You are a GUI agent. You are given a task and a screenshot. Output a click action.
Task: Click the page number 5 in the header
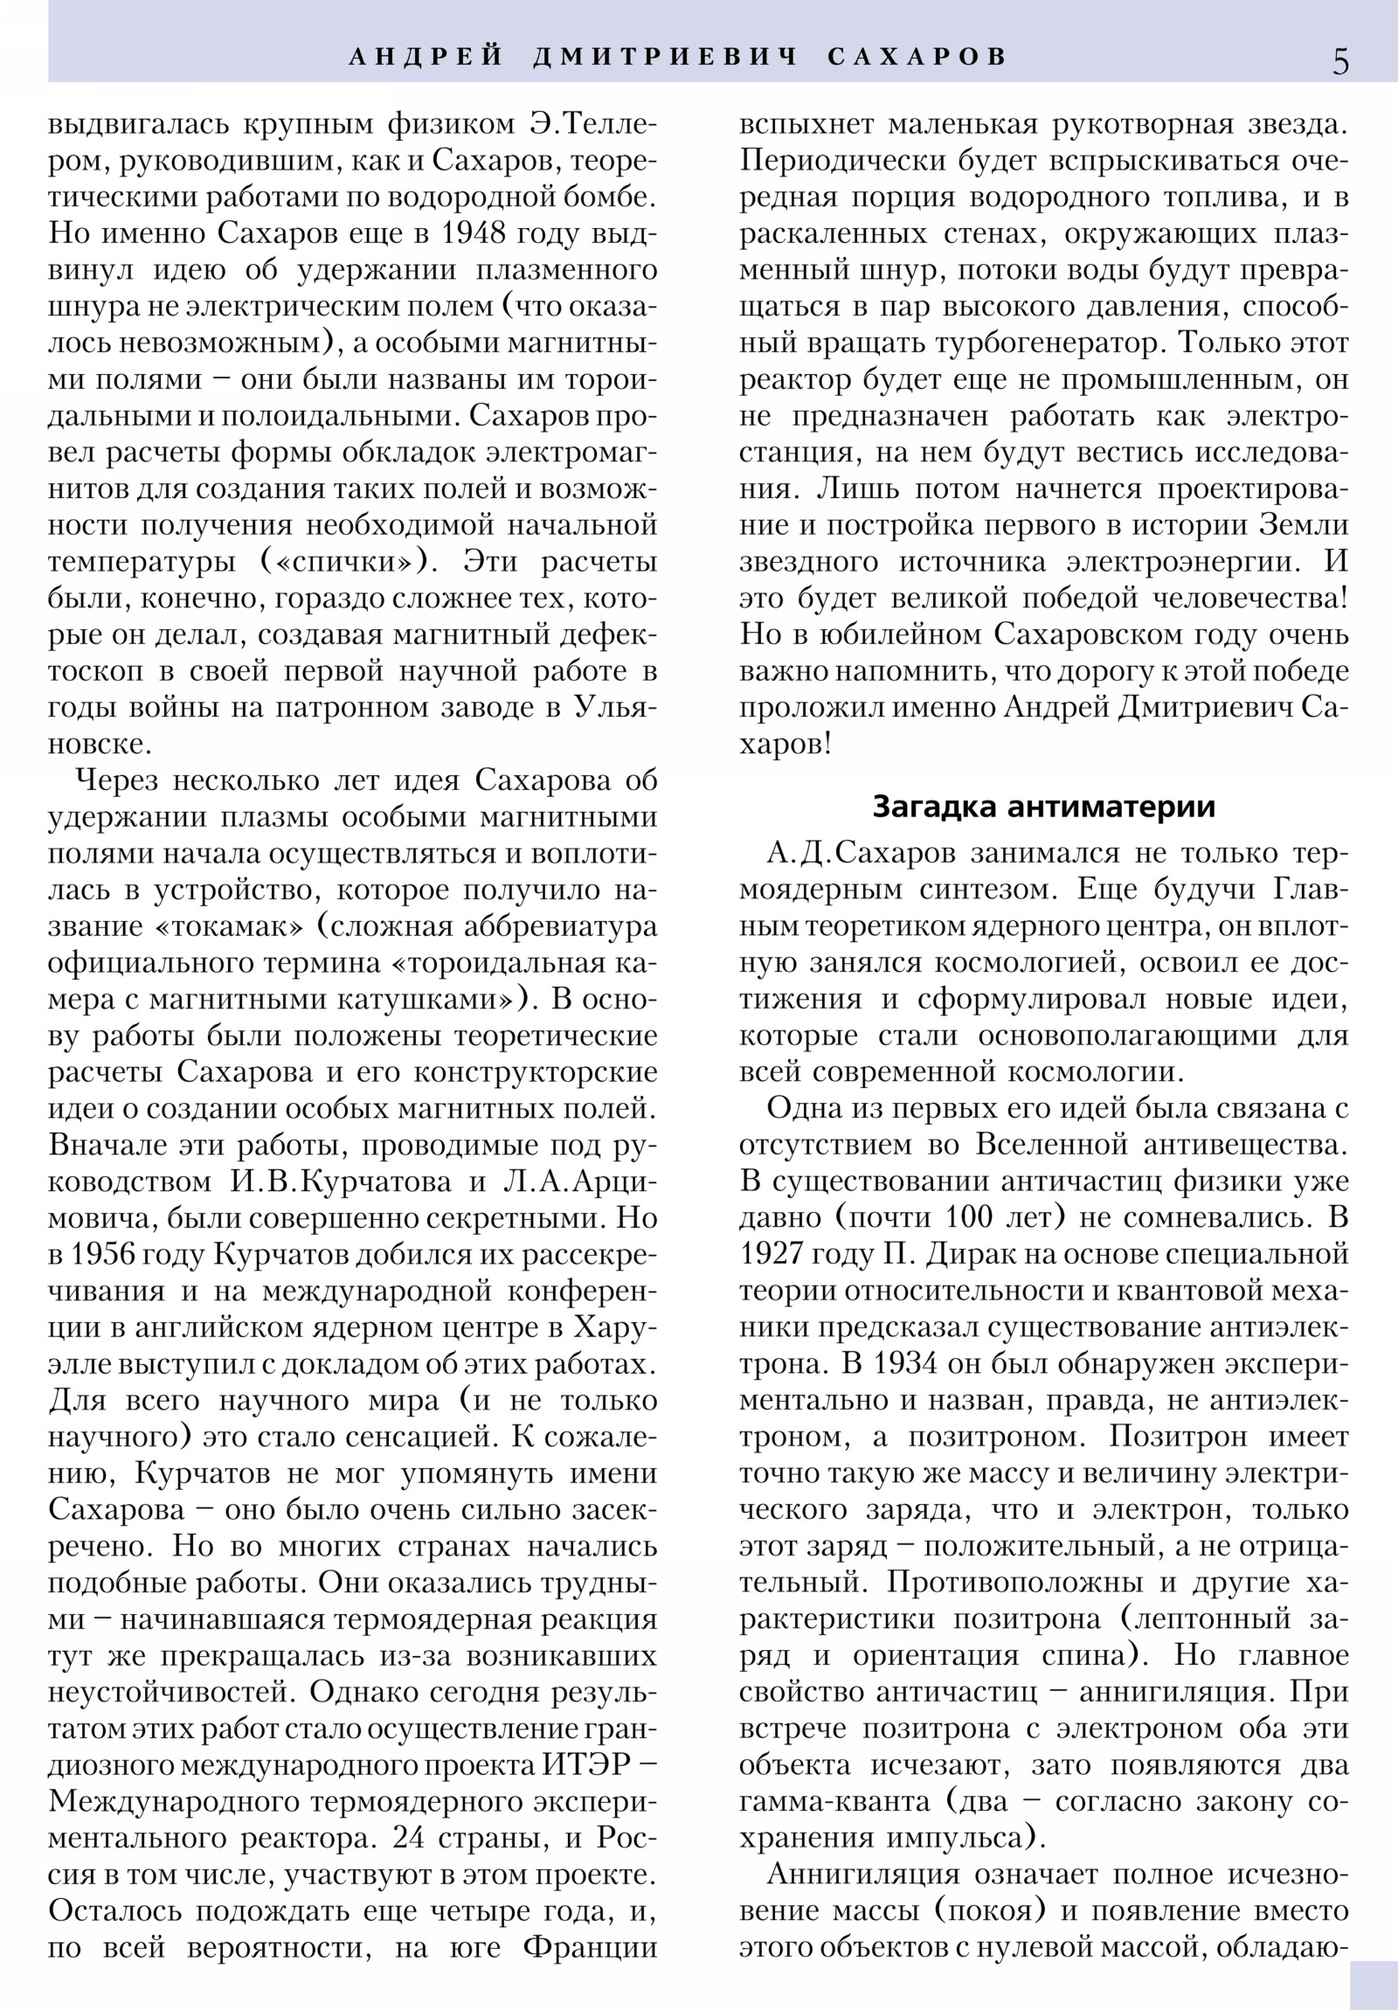coord(1340,61)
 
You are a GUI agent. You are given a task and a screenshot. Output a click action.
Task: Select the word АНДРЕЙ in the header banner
coord(426,57)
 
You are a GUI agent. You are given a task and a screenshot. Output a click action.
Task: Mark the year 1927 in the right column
coord(772,1254)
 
